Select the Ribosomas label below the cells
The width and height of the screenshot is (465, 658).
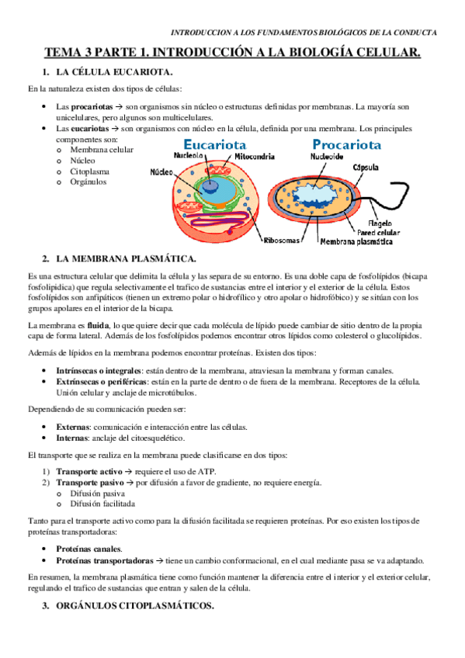tap(281, 241)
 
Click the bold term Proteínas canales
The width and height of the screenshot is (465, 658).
tap(88, 548)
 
